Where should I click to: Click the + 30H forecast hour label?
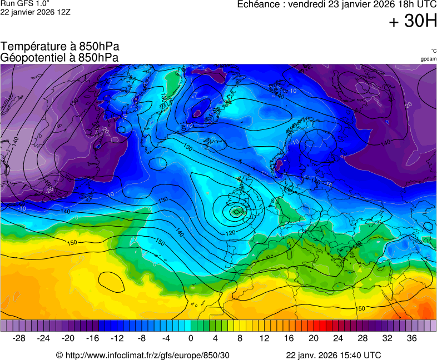413,22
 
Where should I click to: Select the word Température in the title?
30,47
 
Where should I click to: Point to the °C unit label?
433,51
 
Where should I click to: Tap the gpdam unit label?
428,58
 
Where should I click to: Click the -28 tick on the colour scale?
19,338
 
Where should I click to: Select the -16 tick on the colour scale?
92,338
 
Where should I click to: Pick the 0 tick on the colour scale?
191,338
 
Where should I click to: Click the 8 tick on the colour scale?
240,338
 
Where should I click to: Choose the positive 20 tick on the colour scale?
313,338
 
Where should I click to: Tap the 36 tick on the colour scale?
411,338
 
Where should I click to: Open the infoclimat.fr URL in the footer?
147,355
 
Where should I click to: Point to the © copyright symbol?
59,355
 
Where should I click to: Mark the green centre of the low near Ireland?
236,211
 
